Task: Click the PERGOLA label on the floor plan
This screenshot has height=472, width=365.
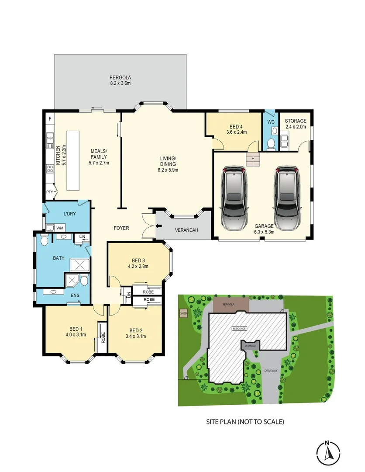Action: click(x=120, y=77)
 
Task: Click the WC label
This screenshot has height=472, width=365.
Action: click(x=270, y=121)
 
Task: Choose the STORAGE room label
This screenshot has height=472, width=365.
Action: click(x=296, y=121)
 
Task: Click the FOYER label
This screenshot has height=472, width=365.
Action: click(x=121, y=228)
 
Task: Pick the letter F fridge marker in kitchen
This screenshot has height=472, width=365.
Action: click(x=50, y=119)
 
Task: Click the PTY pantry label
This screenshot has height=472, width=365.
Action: click(x=49, y=192)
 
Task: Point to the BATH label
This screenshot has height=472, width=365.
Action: click(x=59, y=258)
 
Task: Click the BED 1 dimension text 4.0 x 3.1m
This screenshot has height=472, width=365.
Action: click(x=75, y=335)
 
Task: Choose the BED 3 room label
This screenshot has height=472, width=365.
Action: click(x=138, y=260)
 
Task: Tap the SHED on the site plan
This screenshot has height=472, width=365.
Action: click(x=183, y=313)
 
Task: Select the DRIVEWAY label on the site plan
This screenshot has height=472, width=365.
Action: click(x=271, y=371)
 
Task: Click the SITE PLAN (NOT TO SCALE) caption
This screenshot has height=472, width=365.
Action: click(x=245, y=422)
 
